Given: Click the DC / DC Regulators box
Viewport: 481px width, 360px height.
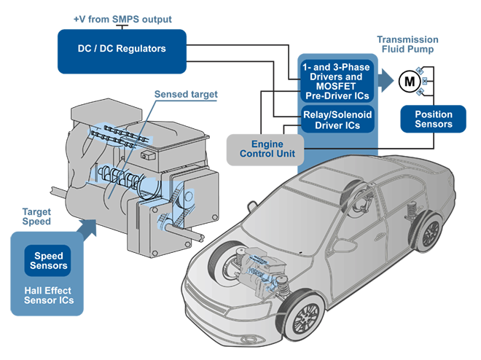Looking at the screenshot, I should [x=122, y=50].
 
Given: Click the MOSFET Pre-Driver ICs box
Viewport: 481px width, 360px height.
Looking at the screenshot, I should [x=337, y=81].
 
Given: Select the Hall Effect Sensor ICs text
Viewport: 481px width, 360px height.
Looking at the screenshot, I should [x=50, y=295].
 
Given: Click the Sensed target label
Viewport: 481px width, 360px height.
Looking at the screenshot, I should [x=186, y=95].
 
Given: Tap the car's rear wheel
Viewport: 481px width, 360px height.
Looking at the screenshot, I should [x=431, y=232].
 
